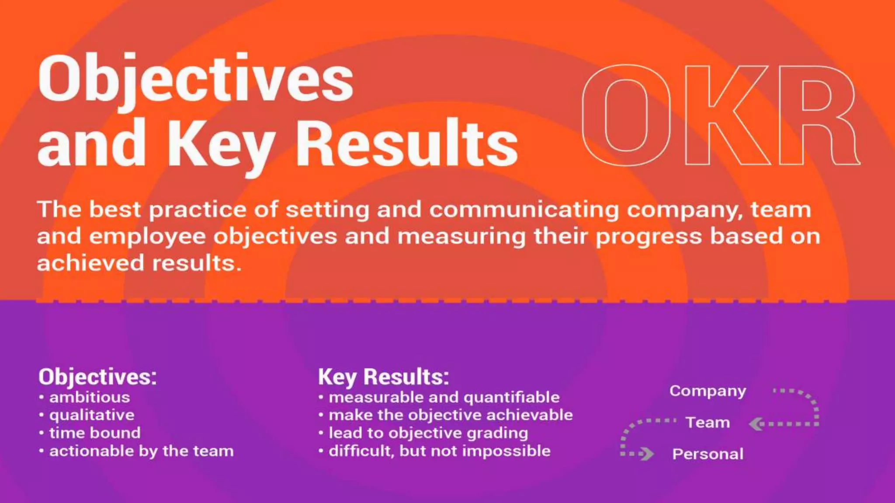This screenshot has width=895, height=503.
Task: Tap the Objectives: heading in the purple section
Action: pos(97,376)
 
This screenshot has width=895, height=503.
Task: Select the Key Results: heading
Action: pos(383,376)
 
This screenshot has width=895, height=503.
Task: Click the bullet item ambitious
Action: pos(89,397)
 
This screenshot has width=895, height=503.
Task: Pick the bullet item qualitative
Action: pos(92,415)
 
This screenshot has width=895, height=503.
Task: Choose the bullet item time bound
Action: pos(95,433)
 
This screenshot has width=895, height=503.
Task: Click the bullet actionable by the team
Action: pos(141,451)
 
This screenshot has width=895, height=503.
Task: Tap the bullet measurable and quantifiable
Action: pos(444,397)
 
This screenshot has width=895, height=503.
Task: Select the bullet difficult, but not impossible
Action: pos(439,451)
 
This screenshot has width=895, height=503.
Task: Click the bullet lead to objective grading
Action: pos(428,433)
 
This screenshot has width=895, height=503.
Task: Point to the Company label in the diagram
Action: pos(708,391)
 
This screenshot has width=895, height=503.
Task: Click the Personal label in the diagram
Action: pos(708,454)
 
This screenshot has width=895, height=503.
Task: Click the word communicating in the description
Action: pos(524,210)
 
